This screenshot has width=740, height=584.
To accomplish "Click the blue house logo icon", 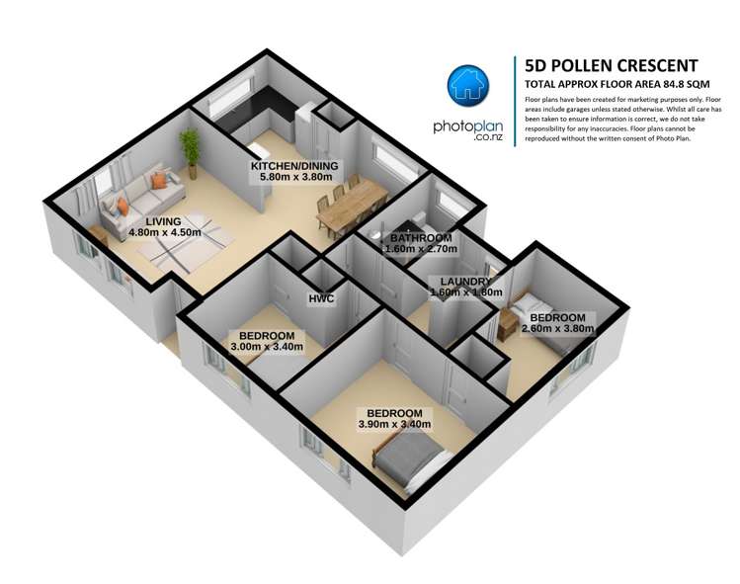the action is click(x=468, y=85).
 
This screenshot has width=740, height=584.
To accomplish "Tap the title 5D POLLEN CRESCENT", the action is click(x=612, y=65).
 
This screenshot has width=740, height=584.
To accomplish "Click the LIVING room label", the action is click(x=163, y=221).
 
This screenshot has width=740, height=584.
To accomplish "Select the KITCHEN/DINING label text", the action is click(x=294, y=166).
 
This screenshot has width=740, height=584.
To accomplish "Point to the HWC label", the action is click(x=321, y=298).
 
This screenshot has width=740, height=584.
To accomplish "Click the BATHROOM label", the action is click(x=421, y=238).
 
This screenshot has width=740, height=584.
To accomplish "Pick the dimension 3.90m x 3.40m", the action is click(x=394, y=425).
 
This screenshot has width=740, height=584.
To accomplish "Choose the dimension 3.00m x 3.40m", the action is click(x=267, y=347).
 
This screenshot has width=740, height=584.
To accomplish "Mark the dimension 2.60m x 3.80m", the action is click(x=557, y=329).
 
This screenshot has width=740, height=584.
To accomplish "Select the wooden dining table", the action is click(x=352, y=206).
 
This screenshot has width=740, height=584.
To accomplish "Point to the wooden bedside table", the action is click(x=508, y=324).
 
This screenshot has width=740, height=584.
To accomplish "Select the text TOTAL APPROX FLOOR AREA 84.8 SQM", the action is click(x=617, y=85).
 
